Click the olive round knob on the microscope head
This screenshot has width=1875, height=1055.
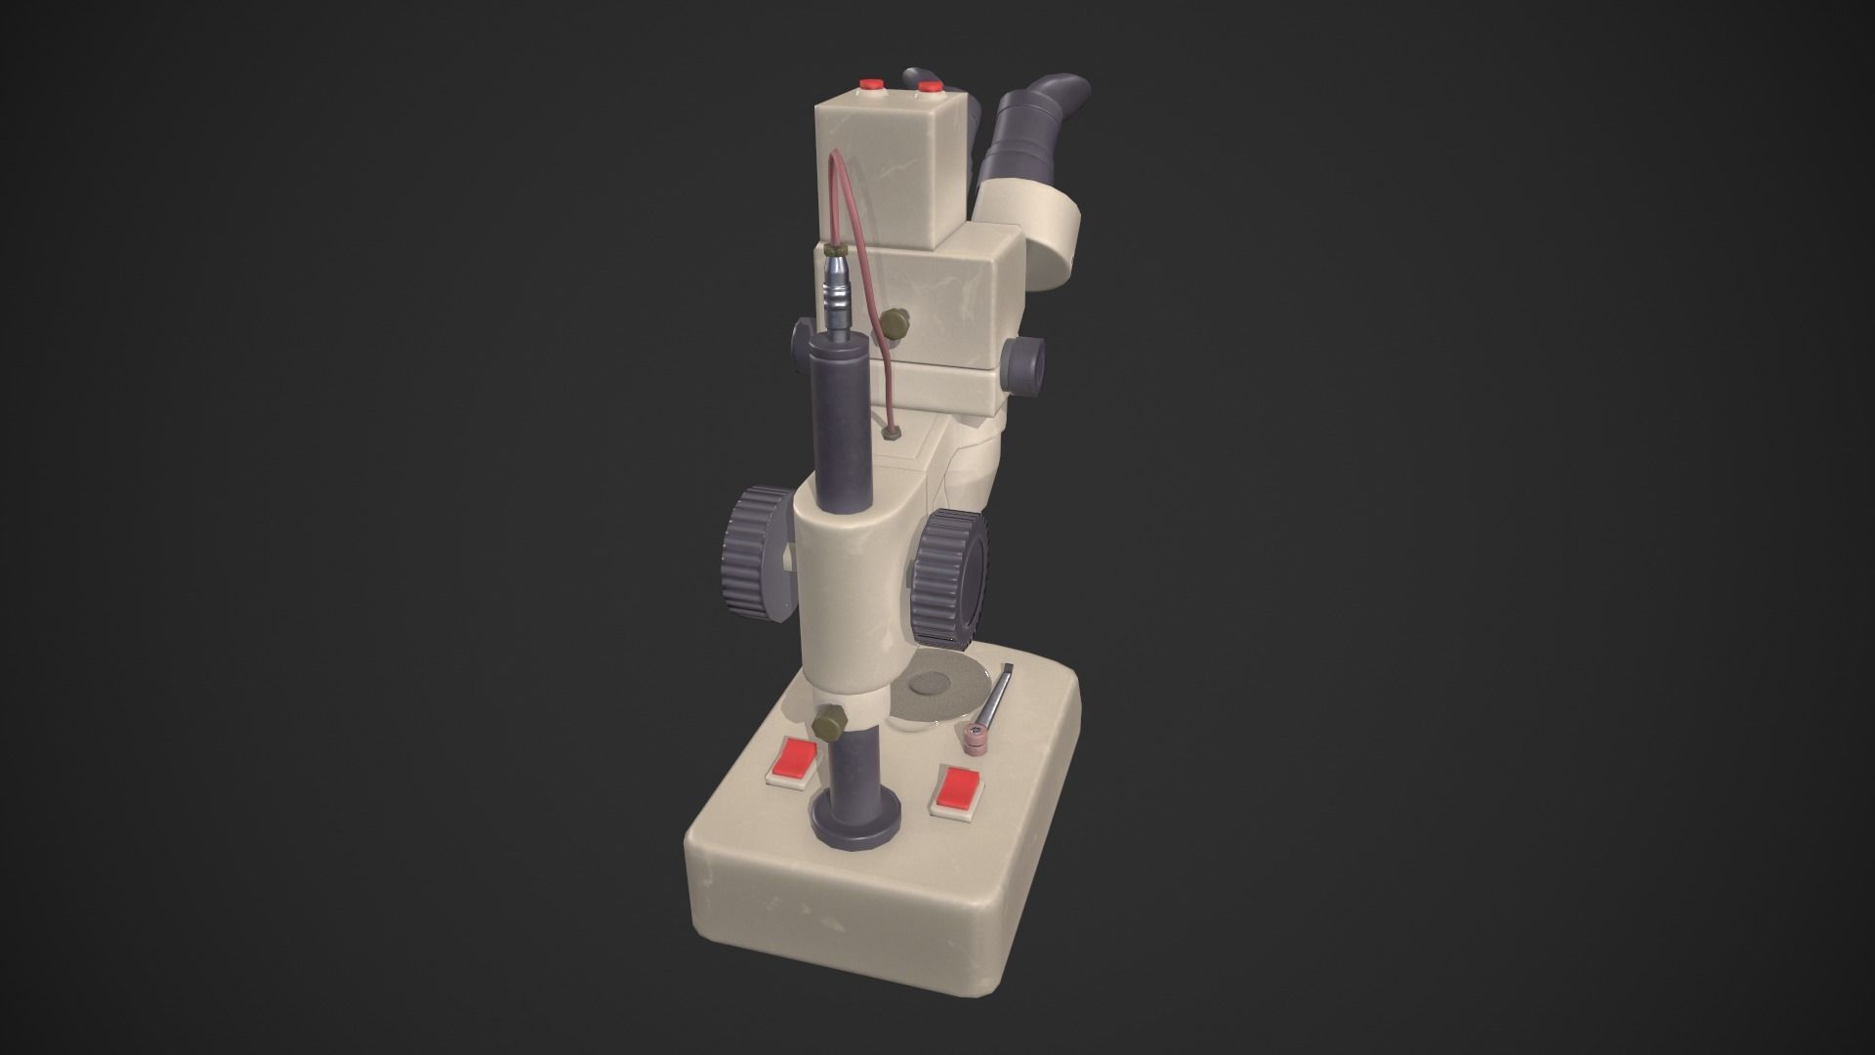(x=893, y=324)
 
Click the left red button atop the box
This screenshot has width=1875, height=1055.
(x=868, y=84)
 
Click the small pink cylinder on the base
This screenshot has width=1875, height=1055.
(x=974, y=742)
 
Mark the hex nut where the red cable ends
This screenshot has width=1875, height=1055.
(x=890, y=431)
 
